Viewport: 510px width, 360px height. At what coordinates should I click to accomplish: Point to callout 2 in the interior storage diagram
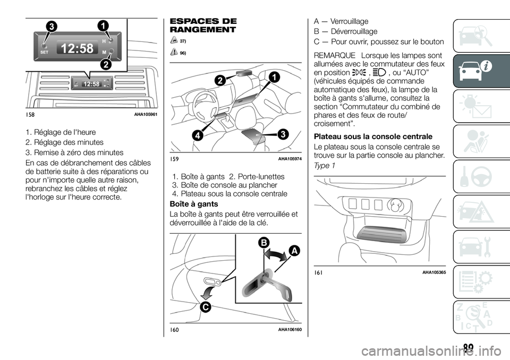(219, 81)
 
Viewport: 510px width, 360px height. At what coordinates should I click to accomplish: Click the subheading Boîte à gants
(193, 204)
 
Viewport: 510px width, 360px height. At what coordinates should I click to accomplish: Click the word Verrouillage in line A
(348, 21)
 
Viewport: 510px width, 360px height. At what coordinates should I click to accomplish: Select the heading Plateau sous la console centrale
(373, 136)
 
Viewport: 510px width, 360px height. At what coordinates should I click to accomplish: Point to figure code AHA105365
(434, 272)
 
